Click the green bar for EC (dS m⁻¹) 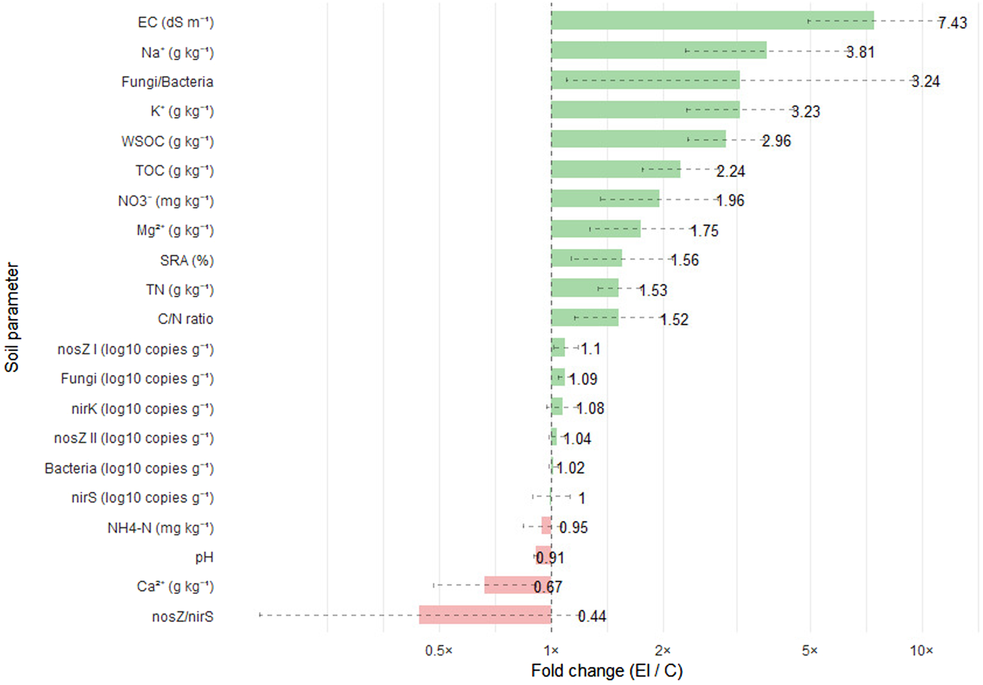click(712, 21)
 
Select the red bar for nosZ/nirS click(485, 615)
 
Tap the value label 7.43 click(952, 23)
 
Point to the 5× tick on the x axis click(809, 650)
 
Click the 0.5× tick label click(439, 650)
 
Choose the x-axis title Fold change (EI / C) click(606, 671)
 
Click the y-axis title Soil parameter click(12, 318)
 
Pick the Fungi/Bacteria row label click(167, 82)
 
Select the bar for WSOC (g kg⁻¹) click(638, 139)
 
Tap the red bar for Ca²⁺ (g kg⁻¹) click(517, 585)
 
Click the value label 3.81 click(860, 52)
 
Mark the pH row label click(204, 557)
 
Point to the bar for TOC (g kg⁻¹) click(615, 169)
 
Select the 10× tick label click(921, 650)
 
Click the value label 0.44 click(591, 616)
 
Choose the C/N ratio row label click(185, 319)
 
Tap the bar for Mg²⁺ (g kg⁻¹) click(595, 229)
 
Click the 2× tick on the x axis click(662, 650)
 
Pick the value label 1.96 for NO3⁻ click(729, 200)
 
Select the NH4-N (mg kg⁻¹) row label click(160, 527)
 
